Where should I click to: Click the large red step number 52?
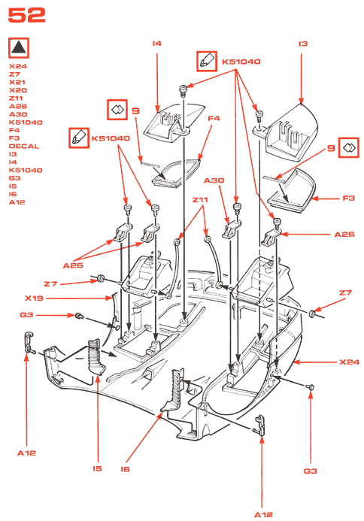26,15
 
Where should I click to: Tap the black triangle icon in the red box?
19,47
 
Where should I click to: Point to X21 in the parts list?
17,83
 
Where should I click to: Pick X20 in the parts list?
18,90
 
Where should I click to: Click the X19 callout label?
34,298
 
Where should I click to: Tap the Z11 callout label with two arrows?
200,200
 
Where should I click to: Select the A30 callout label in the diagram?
214,180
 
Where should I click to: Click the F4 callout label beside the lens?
214,118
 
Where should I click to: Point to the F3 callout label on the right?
348,198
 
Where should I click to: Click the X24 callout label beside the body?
350,362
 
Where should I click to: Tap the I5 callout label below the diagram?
97,468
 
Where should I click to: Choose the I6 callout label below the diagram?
125,469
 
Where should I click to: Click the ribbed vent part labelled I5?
96,356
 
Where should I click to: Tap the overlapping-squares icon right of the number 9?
349,147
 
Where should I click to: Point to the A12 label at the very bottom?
263,515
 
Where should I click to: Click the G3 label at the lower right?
310,471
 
